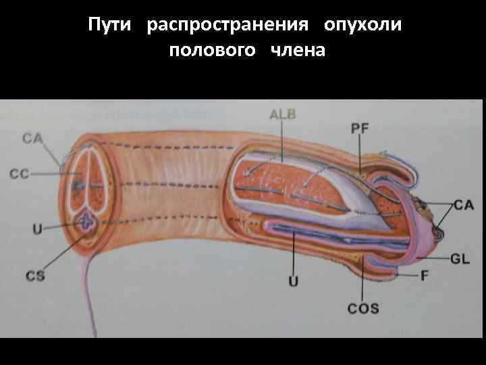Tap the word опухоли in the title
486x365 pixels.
pyautogui.click(x=362, y=25)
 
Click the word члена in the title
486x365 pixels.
pyautogui.click(x=298, y=50)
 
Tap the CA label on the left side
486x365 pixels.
pyautogui.click(x=32, y=139)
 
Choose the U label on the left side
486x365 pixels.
pyautogui.click(x=38, y=229)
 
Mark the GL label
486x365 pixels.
pyautogui.click(x=460, y=258)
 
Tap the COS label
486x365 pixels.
pyautogui.click(x=363, y=309)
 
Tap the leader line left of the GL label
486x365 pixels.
pyautogui.click(x=432, y=258)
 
